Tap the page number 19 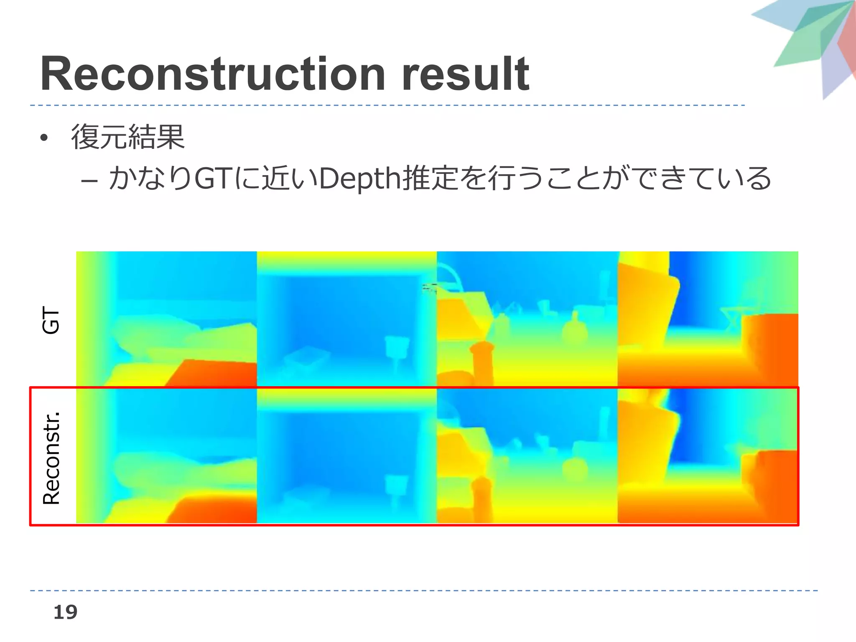pos(65,612)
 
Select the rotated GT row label pos(51,320)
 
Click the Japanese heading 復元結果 pos(127,137)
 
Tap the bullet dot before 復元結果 pos(44,138)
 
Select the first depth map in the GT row pos(166,318)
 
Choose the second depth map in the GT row pos(347,318)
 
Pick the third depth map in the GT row pos(527,318)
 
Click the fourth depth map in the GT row pos(708,318)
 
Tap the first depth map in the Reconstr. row pos(166,456)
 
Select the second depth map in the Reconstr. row pos(347,456)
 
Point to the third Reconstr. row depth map pos(527,456)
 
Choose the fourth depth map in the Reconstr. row pos(708,456)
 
